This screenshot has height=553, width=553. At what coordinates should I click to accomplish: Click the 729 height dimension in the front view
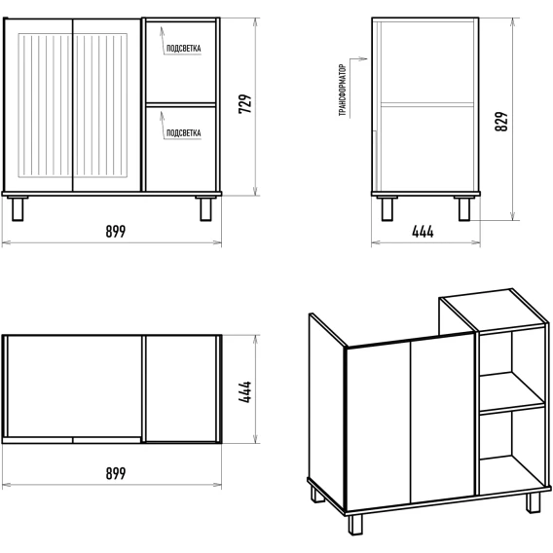[245, 103]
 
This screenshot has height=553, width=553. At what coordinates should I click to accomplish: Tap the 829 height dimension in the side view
[501, 122]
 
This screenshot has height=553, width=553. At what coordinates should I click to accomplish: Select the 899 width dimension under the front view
[116, 232]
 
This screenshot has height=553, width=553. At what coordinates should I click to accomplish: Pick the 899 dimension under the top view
[116, 473]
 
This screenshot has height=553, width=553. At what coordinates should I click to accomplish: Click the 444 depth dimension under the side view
[423, 232]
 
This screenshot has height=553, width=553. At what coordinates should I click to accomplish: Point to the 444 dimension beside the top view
[245, 391]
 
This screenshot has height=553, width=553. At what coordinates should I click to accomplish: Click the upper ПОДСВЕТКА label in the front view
[183, 49]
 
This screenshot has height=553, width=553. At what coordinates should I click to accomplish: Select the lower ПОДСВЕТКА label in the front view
[183, 133]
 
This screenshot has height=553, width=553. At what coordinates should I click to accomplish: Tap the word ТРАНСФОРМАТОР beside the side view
[343, 90]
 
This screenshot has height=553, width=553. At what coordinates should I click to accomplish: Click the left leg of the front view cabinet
[18, 208]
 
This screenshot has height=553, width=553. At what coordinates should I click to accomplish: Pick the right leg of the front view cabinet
[206, 208]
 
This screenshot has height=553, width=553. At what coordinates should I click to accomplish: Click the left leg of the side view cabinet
[387, 208]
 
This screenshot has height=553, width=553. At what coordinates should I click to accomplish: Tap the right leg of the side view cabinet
[464, 208]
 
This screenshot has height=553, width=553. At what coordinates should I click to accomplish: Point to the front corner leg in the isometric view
[355, 525]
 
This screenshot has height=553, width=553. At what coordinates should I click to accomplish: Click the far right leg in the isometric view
[533, 502]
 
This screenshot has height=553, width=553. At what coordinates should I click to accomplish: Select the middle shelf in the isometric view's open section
[512, 393]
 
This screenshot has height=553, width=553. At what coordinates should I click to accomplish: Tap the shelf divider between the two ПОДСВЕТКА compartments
[180, 105]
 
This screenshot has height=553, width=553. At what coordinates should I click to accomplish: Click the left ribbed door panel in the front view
[45, 105]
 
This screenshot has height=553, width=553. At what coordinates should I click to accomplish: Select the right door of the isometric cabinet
[443, 418]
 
